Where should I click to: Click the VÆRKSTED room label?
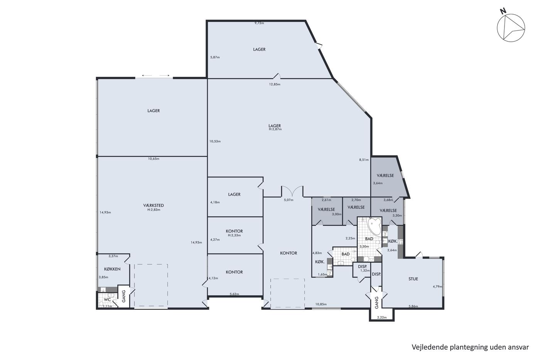tap(154, 205)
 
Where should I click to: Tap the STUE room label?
tap(413, 279)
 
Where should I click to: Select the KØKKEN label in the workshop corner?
tap(112, 269)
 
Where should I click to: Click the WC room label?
tap(107, 299)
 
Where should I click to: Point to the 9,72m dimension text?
tap(259, 23)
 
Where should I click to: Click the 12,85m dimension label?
tap(275, 85)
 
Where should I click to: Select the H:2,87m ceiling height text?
tap(275, 129)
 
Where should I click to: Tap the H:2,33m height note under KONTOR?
tap(235, 235)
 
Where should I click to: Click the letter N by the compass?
tap(503, 17)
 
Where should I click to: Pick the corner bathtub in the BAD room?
tap(375, 226)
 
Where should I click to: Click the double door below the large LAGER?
tap(292, 192)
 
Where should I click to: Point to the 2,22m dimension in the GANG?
tap(382, 318)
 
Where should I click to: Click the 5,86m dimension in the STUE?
tap(413, 306)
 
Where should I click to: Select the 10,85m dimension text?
tap(321, 304)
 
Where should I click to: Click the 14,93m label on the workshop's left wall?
tap(105, 213)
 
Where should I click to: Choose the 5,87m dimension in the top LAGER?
tap(215, 57)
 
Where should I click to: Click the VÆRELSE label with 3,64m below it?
tap(385, 176)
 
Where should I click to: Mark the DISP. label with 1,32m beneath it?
tap(362, 267)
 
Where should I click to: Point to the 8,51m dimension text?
tap(364, 160)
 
